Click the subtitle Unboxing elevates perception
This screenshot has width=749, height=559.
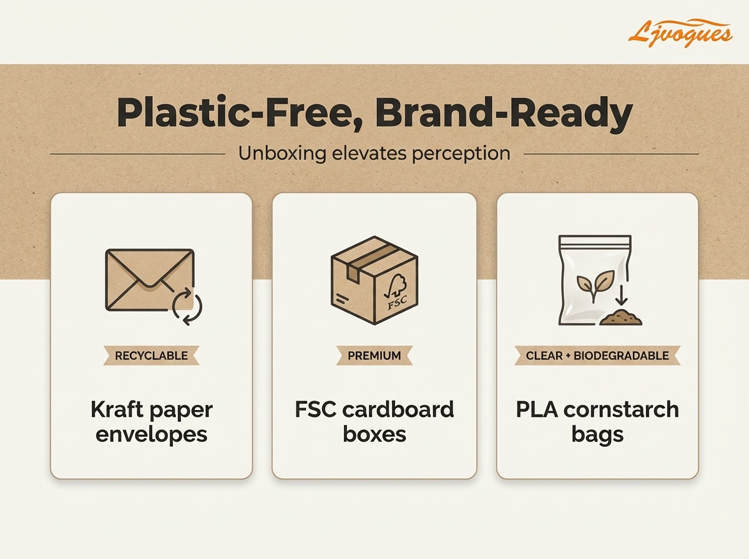374,153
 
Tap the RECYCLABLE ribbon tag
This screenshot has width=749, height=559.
151,356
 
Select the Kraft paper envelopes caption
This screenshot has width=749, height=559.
151,422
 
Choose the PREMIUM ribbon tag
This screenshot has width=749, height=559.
374,356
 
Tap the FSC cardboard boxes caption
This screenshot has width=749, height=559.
374,422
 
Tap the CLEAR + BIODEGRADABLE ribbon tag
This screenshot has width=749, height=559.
597,356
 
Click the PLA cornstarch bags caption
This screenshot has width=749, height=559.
597,422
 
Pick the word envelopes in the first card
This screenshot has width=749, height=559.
151,434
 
